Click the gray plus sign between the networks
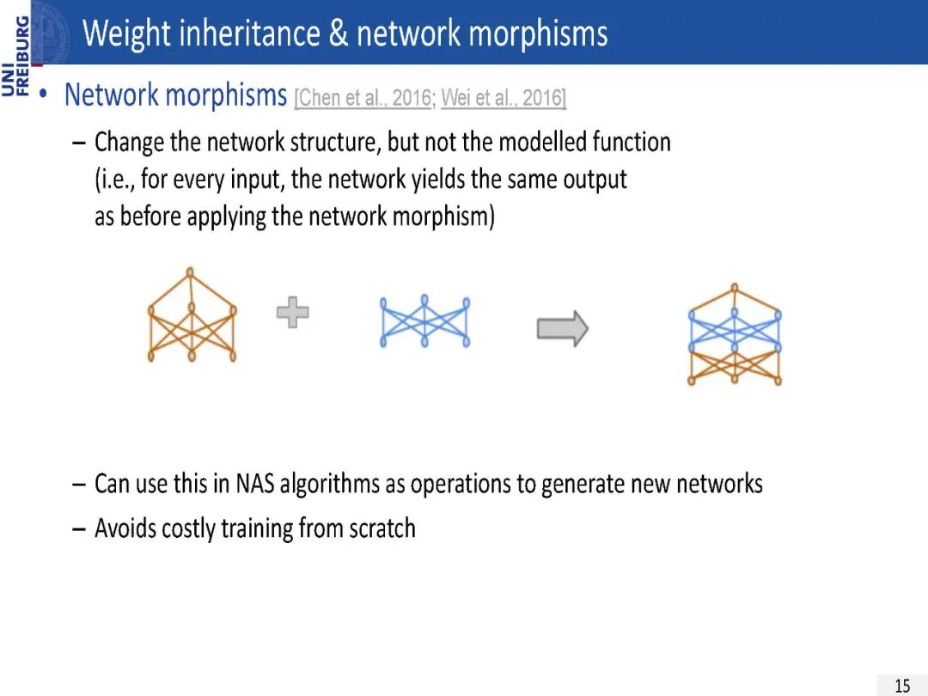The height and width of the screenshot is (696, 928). point(292,312)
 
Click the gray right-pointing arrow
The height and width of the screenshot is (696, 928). point(562,328)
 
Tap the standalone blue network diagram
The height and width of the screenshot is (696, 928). point(424,322)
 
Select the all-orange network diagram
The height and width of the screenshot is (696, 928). point(192,315)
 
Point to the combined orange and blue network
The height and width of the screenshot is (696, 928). point(735,335)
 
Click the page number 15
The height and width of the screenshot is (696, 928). point(902,685)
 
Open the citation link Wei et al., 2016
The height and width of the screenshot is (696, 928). point(503,98)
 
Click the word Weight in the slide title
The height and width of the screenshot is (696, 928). point(125,34)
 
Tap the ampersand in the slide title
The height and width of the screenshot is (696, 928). point(338,34)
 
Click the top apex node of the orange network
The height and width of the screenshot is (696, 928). point(192,271)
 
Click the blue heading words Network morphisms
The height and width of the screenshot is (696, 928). point(175,95)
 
